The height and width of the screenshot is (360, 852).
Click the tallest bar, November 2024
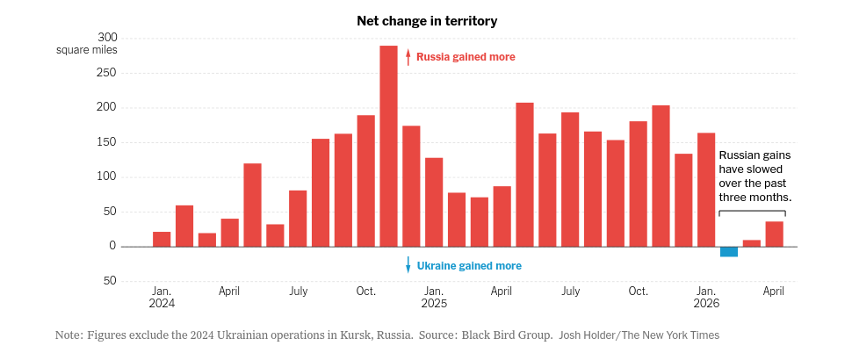coord(388,146)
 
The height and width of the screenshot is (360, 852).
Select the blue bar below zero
coord(729,251)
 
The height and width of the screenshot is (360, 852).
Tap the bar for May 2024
coord(252,205)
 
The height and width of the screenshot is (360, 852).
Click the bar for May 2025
coord(524,175)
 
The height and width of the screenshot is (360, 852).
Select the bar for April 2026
coord(775,234)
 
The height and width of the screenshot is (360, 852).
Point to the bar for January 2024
coord(162,239)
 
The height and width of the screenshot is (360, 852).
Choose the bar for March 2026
coord(752,243)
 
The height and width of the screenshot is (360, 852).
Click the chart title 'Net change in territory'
coord(427,21)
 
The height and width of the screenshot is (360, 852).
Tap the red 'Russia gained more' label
coord(466,57)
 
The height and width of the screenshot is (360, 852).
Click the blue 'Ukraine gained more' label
coord(469,266)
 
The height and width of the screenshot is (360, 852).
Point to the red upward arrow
coord(408,56)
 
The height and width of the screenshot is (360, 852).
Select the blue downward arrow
coord(408,264)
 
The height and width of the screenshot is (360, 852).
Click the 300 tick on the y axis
coord(107,38)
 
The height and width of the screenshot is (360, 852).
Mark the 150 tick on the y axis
coord(107,142)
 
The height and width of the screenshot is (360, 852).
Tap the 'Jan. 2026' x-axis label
coord(706,297)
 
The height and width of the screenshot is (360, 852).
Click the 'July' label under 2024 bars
coord(298,292)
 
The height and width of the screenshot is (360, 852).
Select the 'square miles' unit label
coord(86,51)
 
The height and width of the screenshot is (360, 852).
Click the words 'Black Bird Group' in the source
coord(505,335)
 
